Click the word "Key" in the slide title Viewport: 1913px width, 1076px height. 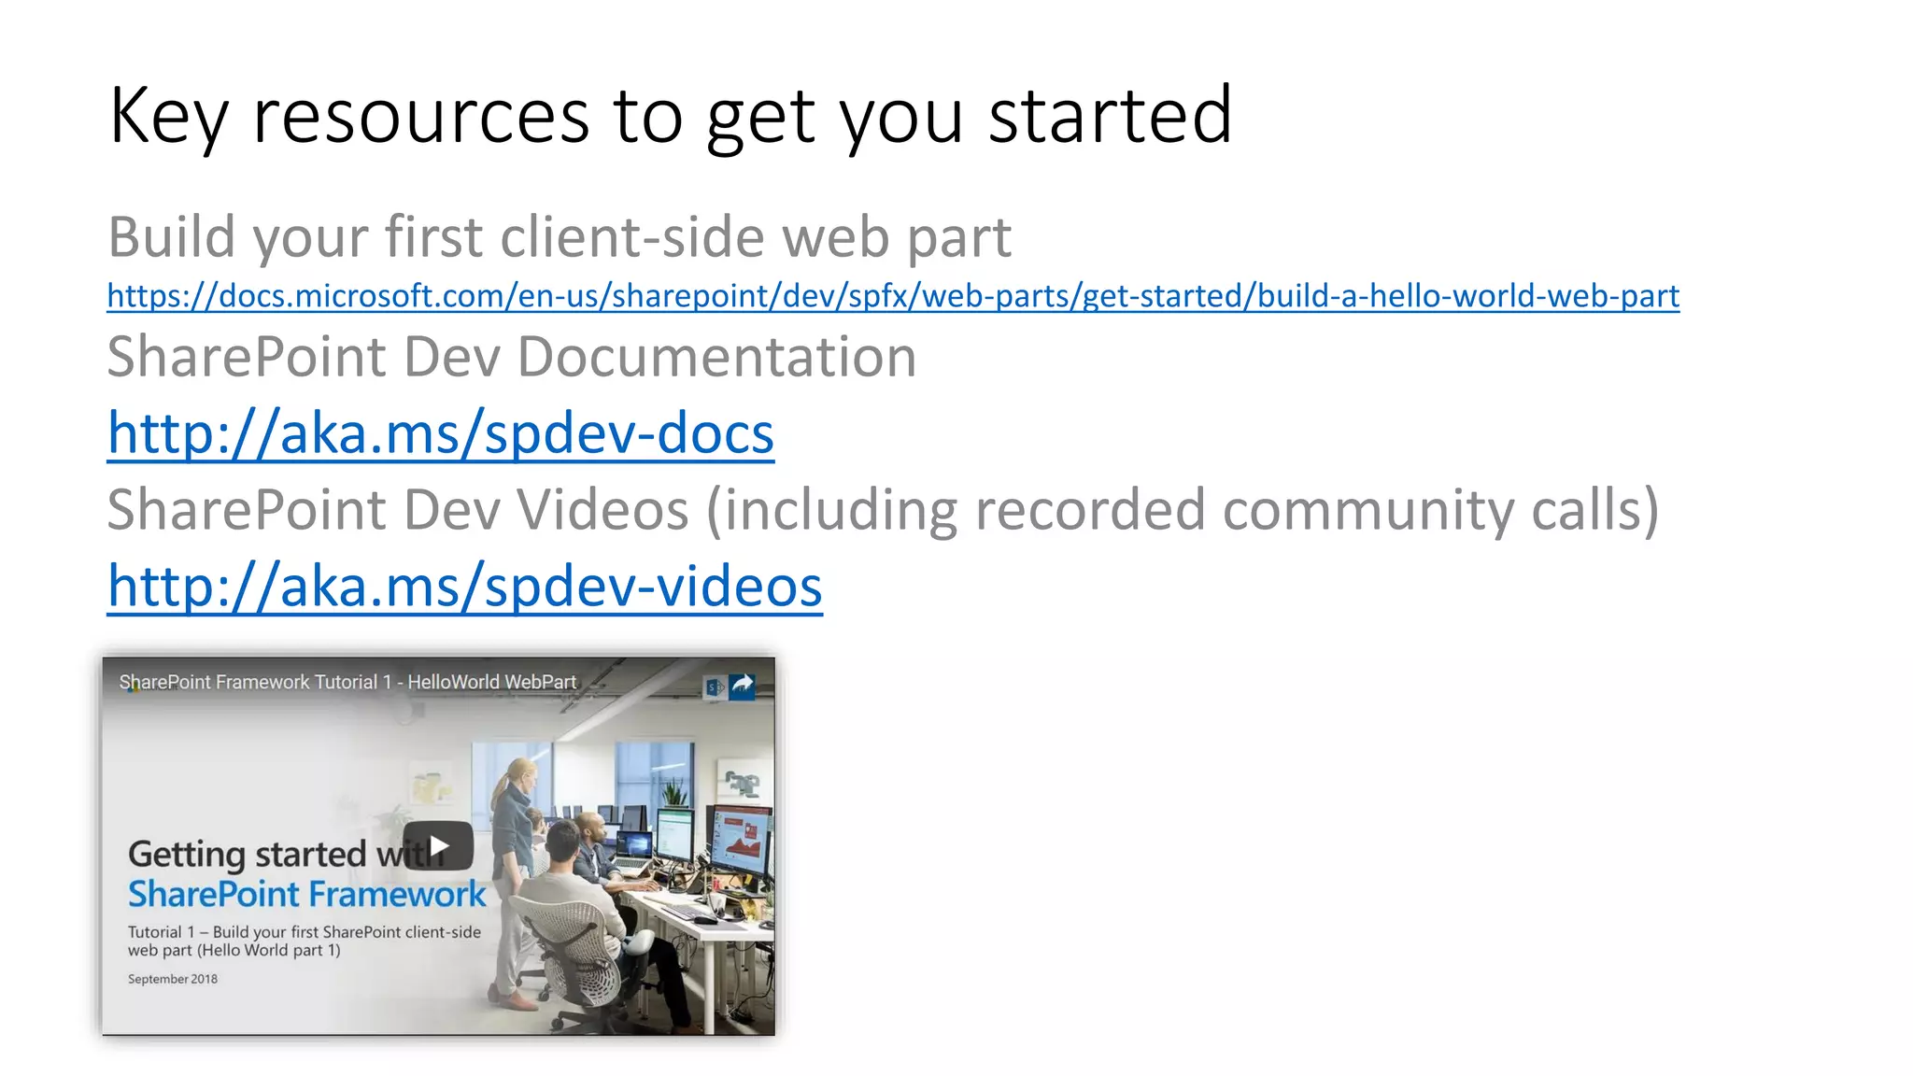click(x=168, y=116)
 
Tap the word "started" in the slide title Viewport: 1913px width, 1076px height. click(x=1110, y=116)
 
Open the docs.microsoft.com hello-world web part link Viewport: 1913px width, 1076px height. click(x=893, y=296)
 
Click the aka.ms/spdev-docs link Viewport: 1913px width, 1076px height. click(x=441, y=433)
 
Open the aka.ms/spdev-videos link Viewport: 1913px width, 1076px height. click(x=465, y=587)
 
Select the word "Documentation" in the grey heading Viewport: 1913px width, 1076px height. click(x=716, y=357)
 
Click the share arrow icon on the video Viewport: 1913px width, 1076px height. click(x=743, y=686)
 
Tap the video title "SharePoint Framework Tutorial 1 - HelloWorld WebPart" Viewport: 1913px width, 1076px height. click(x=347, y=682)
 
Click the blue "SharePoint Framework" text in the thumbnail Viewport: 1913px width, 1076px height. click(x=306, y=895)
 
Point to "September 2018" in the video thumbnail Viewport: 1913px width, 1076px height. click(x=173, y=979)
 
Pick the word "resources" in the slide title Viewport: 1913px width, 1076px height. click(x=421, y=116)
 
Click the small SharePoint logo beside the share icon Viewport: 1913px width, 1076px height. click(x=714, y=687)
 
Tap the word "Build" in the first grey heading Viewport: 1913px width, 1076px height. click(x=172, y=237)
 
